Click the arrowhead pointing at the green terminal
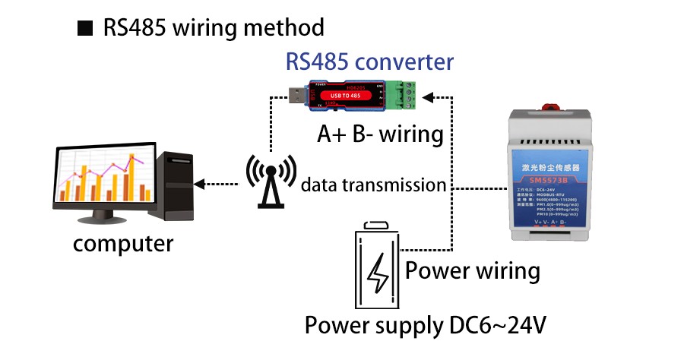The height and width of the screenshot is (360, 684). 427,97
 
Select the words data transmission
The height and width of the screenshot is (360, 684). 372,185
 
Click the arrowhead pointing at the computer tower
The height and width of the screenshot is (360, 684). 199,184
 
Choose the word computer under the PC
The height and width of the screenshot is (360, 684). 122,245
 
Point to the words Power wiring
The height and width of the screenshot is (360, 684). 473,271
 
